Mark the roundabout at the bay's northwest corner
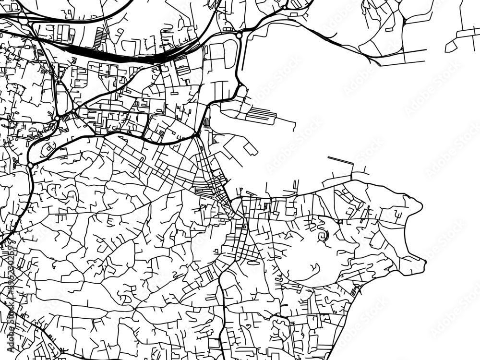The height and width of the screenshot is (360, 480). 239,35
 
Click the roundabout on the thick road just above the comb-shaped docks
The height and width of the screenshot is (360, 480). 240,87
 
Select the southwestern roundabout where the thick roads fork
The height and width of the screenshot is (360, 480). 31,166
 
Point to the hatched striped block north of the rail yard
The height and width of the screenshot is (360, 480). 100,36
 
